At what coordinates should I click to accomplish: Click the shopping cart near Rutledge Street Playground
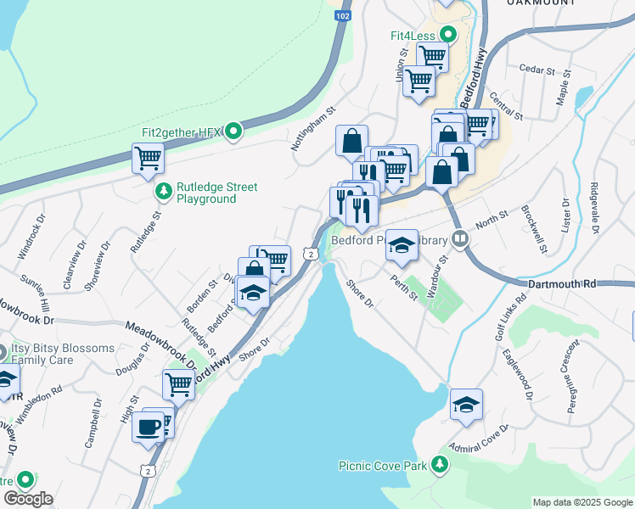148,157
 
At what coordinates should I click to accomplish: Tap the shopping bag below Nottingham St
351,141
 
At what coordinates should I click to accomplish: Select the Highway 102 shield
342,16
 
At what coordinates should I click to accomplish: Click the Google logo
28,499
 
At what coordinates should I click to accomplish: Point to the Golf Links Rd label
504,322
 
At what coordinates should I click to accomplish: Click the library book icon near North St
461,239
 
